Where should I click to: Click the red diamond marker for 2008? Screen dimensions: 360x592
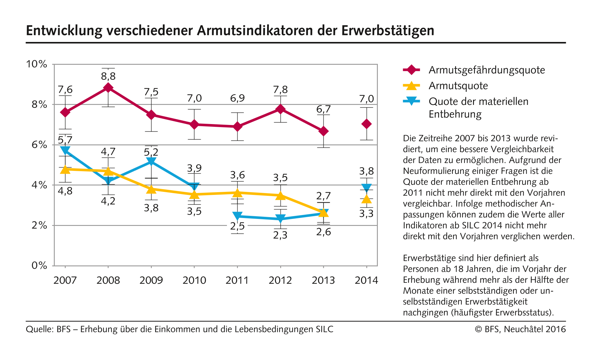click(x=108, y=88)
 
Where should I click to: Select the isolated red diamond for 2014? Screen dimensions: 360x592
click(x=367, y=124)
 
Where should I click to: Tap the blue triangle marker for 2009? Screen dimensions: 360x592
click(x=151, y=161)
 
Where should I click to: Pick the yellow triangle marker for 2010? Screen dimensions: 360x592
click(x=194, y=194)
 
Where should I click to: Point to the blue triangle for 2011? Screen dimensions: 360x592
click(x=238, y=216)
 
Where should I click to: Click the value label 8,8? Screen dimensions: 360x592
click(x=108, y=76)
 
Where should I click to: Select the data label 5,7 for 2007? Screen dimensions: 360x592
click(x=65, y=140)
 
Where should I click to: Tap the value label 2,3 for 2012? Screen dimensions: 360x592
click(x=280, y=235)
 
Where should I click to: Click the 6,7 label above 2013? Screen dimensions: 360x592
click(x=323, y=109)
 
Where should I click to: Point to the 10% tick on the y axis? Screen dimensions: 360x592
click(x=37, y=64)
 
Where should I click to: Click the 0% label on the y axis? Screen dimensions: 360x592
click(x=39, y=266)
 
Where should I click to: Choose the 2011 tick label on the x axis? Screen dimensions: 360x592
click(x=237, y=280)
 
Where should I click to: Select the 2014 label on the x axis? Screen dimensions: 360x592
click(x=367, y=280)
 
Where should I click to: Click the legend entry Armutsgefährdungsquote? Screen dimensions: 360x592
click(x=487, y=70)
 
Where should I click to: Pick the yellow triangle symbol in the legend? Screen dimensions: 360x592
click(x=411, y=85)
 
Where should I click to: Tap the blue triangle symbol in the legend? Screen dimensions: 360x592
click(x=411, y=101)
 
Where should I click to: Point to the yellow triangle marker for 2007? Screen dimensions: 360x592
click(x=65, y=169)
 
